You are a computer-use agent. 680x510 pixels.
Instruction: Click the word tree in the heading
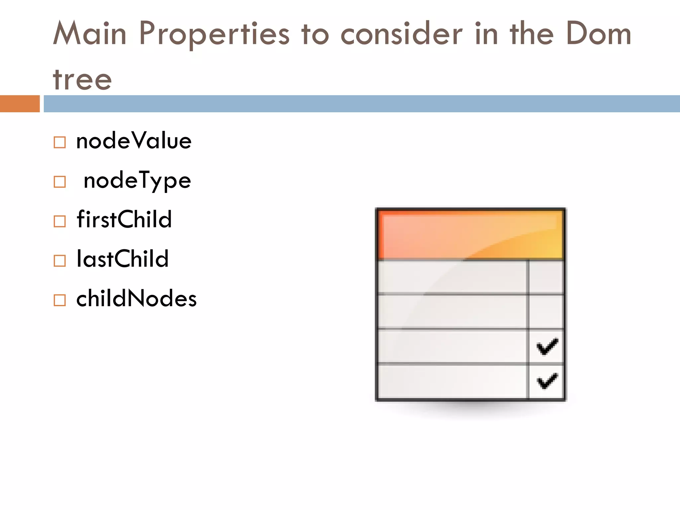82,80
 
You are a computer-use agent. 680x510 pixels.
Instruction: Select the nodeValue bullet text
134,141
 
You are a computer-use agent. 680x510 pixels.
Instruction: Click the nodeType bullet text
137,181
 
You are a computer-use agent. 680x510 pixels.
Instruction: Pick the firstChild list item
124,219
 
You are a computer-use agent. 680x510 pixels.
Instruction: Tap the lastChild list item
123,259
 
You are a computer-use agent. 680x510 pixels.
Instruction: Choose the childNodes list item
136,298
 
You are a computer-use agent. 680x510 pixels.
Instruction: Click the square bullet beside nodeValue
60,142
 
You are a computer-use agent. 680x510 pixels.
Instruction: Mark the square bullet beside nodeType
60,182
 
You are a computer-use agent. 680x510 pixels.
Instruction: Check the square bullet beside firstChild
60,221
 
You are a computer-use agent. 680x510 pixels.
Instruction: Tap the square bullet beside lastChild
60,261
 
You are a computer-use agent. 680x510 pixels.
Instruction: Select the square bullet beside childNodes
60,300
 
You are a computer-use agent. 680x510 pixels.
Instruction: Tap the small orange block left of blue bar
20,104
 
